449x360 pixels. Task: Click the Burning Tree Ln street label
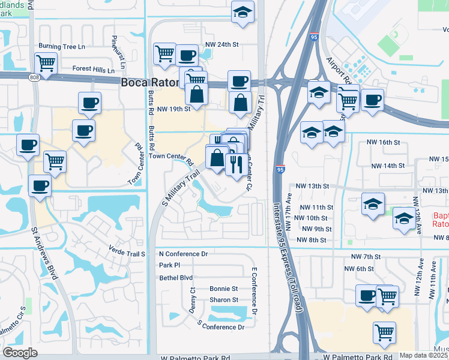click(62, 46)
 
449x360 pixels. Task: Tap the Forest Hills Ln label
click(94, 69)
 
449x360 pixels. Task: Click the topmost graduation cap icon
click(243, 12)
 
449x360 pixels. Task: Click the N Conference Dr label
click(183, 254)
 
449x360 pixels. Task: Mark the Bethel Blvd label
click(176, 278)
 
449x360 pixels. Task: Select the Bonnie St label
click(223, 289)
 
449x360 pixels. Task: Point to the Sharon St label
click(223, 300)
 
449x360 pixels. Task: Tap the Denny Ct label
click(192, 298)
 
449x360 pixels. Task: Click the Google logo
click(20, 353)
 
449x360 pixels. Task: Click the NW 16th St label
click(383, 142)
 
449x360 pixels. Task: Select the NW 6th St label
click(364, 269)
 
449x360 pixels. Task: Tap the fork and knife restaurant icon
click(236, 163)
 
